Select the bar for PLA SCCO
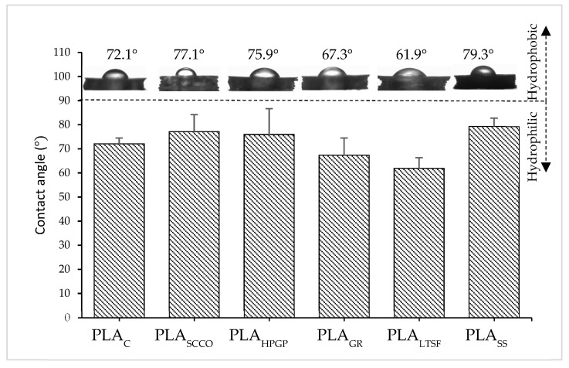(x=188, y=224)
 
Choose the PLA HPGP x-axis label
(x=262, y=338)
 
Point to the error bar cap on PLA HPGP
(x=269, y=108)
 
